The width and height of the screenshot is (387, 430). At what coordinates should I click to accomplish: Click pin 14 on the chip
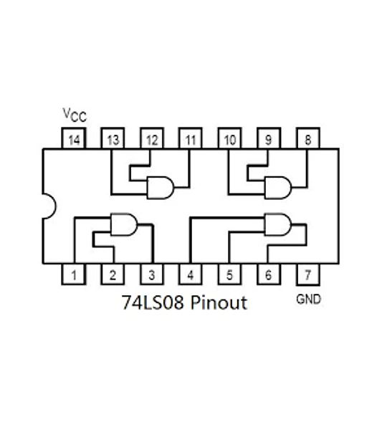(74, 138)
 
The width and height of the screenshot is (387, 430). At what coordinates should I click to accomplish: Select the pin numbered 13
(113, 138)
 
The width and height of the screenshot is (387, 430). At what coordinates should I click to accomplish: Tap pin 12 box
(152, 138)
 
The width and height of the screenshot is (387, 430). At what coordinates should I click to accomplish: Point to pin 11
(191, 138)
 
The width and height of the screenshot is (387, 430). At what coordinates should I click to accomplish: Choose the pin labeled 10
(229, 138)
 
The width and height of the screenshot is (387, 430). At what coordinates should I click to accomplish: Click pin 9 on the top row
(269, 138)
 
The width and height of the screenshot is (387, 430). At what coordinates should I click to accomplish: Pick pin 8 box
(308, 138)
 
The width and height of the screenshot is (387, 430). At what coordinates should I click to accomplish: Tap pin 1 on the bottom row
(74, 274)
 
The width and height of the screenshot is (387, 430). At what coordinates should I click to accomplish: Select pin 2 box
(113, 274)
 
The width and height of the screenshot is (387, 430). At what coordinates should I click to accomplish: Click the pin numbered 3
(152, 274)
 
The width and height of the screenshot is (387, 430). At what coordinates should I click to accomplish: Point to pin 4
(191, 274)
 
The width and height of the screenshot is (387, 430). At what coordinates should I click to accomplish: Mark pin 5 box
(229, 274)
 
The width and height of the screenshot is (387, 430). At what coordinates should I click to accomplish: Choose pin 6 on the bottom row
(269, 274)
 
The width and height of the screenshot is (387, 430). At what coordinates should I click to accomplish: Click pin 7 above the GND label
(308, 274)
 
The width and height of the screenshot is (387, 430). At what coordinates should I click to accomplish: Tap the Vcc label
(75, 115)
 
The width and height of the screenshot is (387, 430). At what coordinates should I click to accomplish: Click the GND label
(309, 299)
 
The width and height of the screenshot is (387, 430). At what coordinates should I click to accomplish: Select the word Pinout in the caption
(219, 302)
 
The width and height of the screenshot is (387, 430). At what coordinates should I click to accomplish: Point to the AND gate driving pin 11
(161, 188)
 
